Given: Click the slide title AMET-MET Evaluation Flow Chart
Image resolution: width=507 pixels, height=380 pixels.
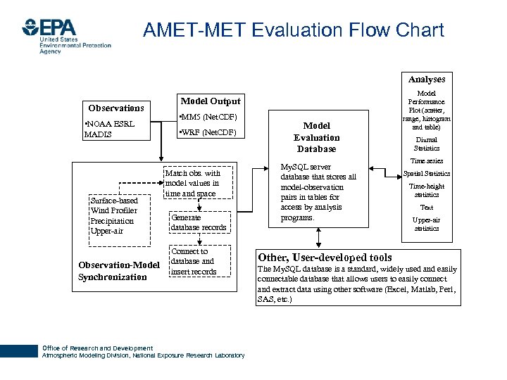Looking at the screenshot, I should coord(293,30).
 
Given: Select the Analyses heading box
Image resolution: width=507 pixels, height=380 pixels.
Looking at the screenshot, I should coord(427,80).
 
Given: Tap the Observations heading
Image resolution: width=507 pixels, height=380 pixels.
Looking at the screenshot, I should coord(116,108).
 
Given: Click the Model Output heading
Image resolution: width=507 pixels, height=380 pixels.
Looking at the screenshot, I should coord(211,101).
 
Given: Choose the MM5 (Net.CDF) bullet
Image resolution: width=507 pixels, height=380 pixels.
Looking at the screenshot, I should coord(208,116).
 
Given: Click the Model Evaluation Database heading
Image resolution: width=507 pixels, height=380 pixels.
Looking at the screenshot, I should coord(316,137).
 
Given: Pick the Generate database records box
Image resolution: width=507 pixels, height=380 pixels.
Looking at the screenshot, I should coord(199,222).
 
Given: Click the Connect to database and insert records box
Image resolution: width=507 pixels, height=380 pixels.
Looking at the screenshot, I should coord(194,261).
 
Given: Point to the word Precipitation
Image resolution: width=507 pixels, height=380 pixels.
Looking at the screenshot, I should coord(113,221).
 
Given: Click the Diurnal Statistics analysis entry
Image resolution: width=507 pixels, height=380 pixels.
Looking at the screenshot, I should coord(427,144).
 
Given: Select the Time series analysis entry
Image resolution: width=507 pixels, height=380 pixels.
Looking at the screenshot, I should coord(427,161).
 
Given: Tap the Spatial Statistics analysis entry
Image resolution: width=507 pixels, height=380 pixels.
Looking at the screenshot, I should coord(427,173).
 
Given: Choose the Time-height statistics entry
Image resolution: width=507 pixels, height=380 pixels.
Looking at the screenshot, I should coord(427,190).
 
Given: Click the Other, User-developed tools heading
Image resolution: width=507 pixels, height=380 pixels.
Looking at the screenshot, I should coord(325,257).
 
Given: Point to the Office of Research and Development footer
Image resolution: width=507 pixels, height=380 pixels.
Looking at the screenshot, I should coord(97,348).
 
